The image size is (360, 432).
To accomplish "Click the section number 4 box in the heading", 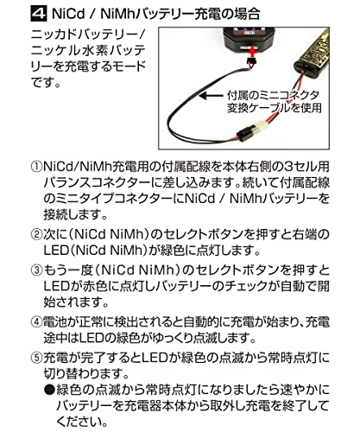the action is point(39,13).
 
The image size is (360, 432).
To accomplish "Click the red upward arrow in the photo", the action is point(252,53).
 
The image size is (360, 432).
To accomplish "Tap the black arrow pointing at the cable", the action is point(212,96).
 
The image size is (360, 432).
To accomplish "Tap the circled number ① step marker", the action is point(36,167).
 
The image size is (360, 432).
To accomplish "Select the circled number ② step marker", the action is point(36,235).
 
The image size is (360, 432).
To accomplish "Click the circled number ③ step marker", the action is point(36,270).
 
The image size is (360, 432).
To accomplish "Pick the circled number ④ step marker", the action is point(36,322).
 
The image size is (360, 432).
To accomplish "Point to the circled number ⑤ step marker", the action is point(36,358).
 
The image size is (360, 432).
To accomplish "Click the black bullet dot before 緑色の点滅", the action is point(49,391).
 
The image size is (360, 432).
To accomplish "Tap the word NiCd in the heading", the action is point(67,14).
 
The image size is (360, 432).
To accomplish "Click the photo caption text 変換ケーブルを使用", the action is point(275,108).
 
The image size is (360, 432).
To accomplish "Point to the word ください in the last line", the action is point(81,422).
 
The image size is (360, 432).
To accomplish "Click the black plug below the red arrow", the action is point(252,62).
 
